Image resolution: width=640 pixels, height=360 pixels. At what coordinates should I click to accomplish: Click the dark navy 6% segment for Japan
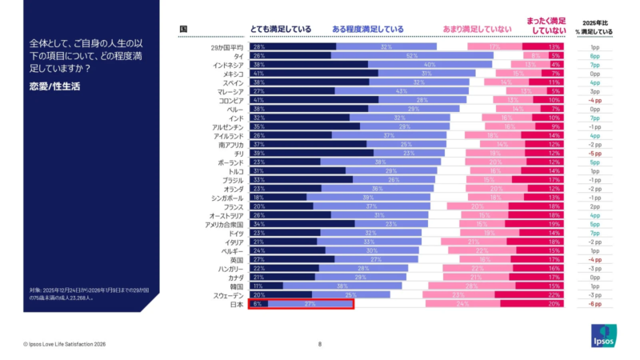pos(258,303)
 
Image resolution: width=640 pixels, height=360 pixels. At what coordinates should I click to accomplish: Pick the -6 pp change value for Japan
pos(594,303)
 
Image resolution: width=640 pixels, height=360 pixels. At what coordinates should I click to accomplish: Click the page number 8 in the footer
pos(320,344)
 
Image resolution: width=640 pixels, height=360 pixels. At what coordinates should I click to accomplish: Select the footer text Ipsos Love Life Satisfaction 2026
pos(65,344)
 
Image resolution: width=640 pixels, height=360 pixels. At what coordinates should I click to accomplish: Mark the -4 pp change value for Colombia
pos(594,100)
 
